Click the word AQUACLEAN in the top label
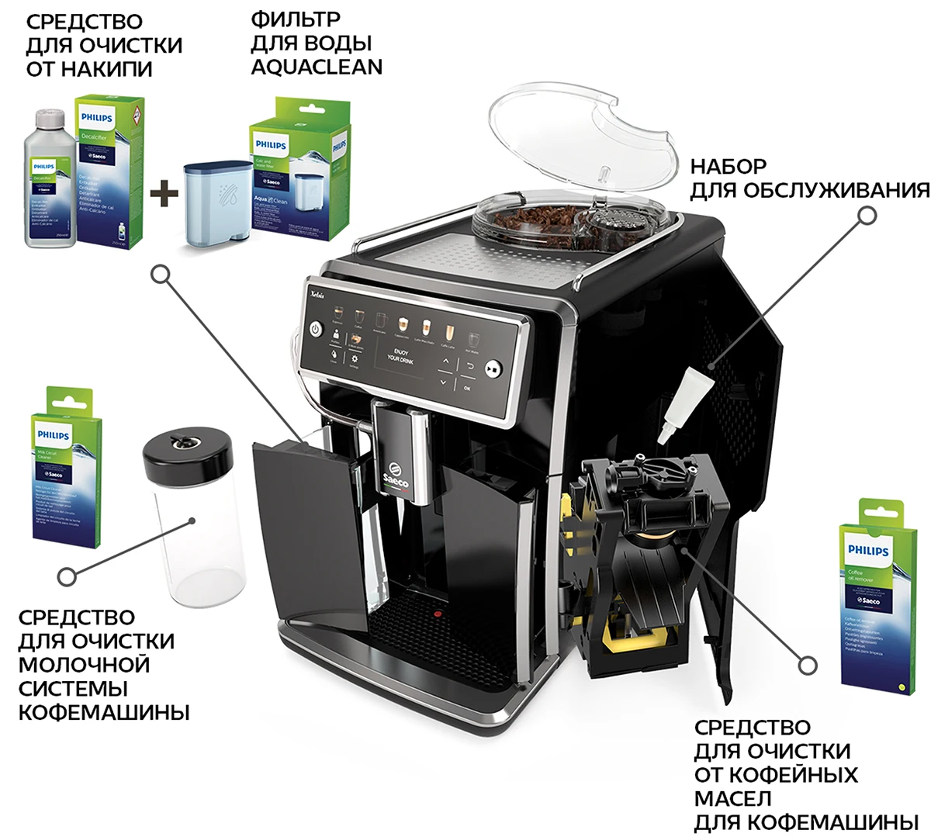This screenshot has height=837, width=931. coord(316,67)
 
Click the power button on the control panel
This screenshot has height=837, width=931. coord(315,329)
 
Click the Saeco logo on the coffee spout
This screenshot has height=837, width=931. coord(394,476)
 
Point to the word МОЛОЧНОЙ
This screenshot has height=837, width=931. coord(85,665)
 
